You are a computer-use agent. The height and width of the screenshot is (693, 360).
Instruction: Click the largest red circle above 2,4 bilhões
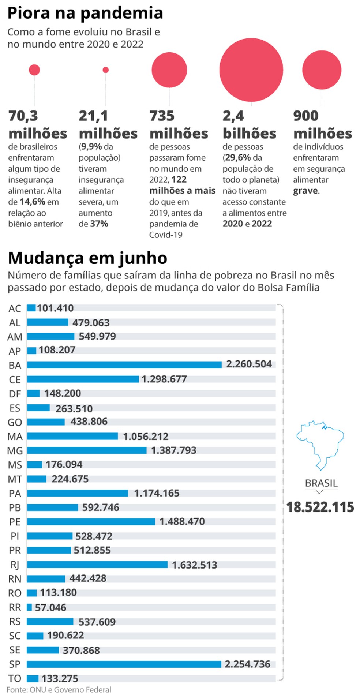coord(251,70)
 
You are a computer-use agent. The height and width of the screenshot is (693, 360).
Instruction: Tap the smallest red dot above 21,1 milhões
coord(106,70)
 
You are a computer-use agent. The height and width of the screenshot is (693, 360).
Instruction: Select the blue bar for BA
coord(124,365)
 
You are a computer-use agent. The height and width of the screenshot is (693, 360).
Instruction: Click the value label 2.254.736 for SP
coord(247,664)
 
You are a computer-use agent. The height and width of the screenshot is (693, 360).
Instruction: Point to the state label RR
coord(15,607)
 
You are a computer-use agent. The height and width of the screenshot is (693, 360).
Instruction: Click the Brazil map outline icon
coord(320,445)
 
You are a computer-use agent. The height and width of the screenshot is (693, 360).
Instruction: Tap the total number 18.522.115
coord(320,507)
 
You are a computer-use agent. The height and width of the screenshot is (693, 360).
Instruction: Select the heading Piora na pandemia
coord(85,13)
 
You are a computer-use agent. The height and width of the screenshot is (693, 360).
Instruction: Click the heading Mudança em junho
coord(87,258)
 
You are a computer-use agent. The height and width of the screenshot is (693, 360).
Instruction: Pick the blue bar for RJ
coord(97,565)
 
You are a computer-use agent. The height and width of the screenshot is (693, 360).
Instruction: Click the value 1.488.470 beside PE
coord(182,521)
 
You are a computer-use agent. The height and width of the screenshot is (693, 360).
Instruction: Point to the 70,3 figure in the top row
coord(23,116)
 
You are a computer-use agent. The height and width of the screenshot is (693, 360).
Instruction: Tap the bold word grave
coord(305,191)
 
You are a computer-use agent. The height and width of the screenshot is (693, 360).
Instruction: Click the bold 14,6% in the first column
coord(33,202)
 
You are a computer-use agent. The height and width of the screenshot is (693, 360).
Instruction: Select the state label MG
coord(15,451)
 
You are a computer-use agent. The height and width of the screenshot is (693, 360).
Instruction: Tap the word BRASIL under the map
coord(321,483)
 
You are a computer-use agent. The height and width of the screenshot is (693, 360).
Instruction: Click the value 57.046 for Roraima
coord(50,607)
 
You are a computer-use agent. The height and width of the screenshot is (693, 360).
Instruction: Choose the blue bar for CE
coord(83,379)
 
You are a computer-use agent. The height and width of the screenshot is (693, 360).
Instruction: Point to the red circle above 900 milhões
coord(322,70)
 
